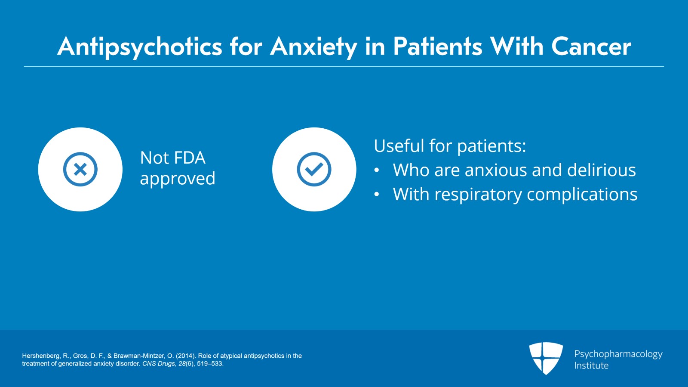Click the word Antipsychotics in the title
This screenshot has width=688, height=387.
pos(140,46)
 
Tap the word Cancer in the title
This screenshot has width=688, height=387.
pos(591,46)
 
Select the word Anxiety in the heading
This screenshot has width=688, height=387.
pos(313,46)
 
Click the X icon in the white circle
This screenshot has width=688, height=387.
pos(80,169)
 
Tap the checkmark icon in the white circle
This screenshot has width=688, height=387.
pos(314,169)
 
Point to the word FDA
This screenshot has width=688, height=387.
pos(190,158)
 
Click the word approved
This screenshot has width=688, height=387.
pos(178,179)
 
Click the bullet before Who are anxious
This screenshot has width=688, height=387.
pos(377,171)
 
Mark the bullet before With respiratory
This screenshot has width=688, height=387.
pos(377,195)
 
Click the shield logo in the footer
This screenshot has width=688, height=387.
pos(546,358)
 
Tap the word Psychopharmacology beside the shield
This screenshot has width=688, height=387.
pos(618,354)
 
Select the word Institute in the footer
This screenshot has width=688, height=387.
pos(591,365)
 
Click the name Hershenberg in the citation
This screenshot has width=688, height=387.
pos(41,356)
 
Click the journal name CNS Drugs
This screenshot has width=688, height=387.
pos(158,364)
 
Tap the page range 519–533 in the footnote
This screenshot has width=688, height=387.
pos(209,364)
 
